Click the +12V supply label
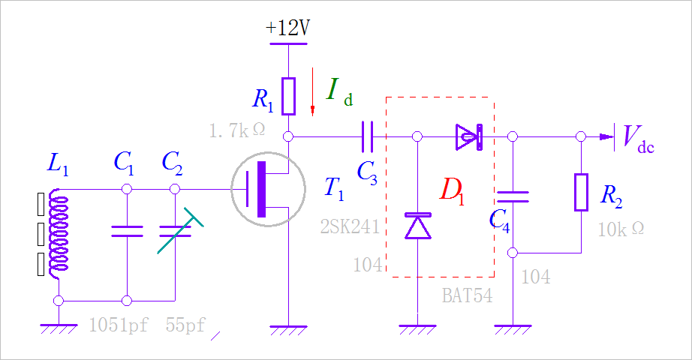pos(288,28)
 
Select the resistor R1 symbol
pos(288,96)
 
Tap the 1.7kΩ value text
pos(237,130)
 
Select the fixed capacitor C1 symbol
pos(127,230)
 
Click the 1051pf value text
pos(118,325)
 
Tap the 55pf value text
pos(185,325)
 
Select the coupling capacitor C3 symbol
pos(368,136)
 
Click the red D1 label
pos(452,190)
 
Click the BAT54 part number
pos(467,295)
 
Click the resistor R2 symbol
pos(581,192)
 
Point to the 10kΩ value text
pos(620,229)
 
